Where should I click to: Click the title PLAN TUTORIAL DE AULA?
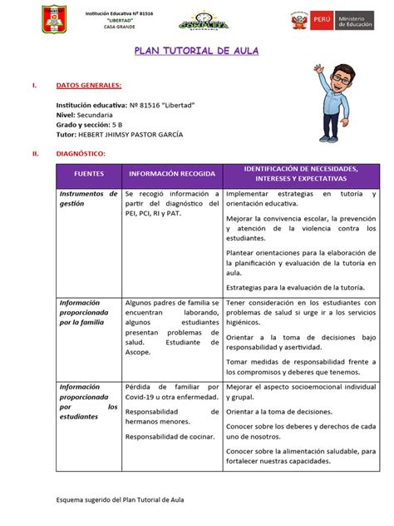pos(197,52)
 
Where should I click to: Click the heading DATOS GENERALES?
pos(89,85)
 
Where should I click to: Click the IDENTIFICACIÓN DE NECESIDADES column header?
pos(302,174)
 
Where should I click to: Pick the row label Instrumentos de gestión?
pos(86,198)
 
